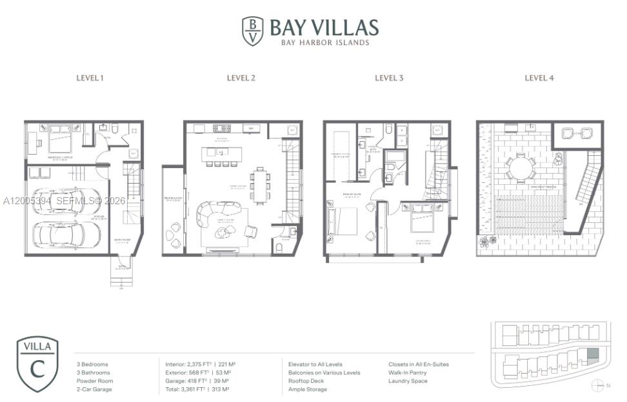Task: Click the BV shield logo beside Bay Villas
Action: coord(252,31)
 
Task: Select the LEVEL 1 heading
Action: coord(90,78)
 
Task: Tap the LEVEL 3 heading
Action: coord(389,78)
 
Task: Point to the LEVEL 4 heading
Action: coord(539,78)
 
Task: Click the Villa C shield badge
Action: coord(37,364)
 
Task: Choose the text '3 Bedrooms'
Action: coord(92,365)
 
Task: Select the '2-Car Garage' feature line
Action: coord(94,389)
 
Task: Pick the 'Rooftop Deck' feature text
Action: coord(307,381)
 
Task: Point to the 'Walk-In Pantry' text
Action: coord(407,373)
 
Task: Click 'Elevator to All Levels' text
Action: coord(315,365)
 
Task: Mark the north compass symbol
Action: coord(596,385)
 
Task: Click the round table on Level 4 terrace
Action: coord(520,167)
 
